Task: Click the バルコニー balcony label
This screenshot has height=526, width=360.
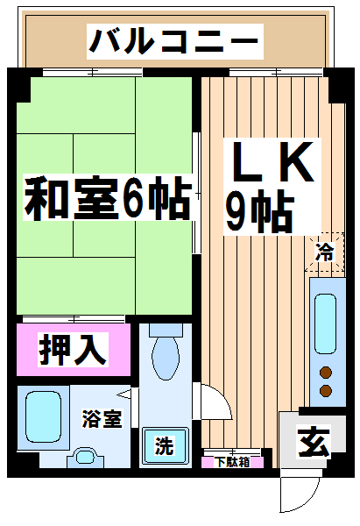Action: [174, 41]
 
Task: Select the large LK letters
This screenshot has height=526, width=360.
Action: [272, 161]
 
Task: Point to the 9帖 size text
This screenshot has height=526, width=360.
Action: [259, 210]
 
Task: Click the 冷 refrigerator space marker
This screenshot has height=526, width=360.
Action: [324, 252]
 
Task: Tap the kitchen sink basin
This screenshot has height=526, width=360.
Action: [325, 323]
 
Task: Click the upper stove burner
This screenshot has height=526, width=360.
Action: [326, 373]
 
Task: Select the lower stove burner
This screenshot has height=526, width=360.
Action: [326, 390]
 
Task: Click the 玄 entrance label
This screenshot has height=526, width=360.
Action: [314, 442]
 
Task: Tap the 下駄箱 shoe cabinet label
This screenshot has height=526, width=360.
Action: [232, 462]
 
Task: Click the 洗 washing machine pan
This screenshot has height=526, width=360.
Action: [165, 445]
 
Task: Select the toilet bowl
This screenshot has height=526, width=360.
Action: [166, 359]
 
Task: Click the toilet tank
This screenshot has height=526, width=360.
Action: [166, 331]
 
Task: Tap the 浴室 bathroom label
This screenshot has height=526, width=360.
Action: [102, 418]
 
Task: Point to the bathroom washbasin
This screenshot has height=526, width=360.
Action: [86, 457]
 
